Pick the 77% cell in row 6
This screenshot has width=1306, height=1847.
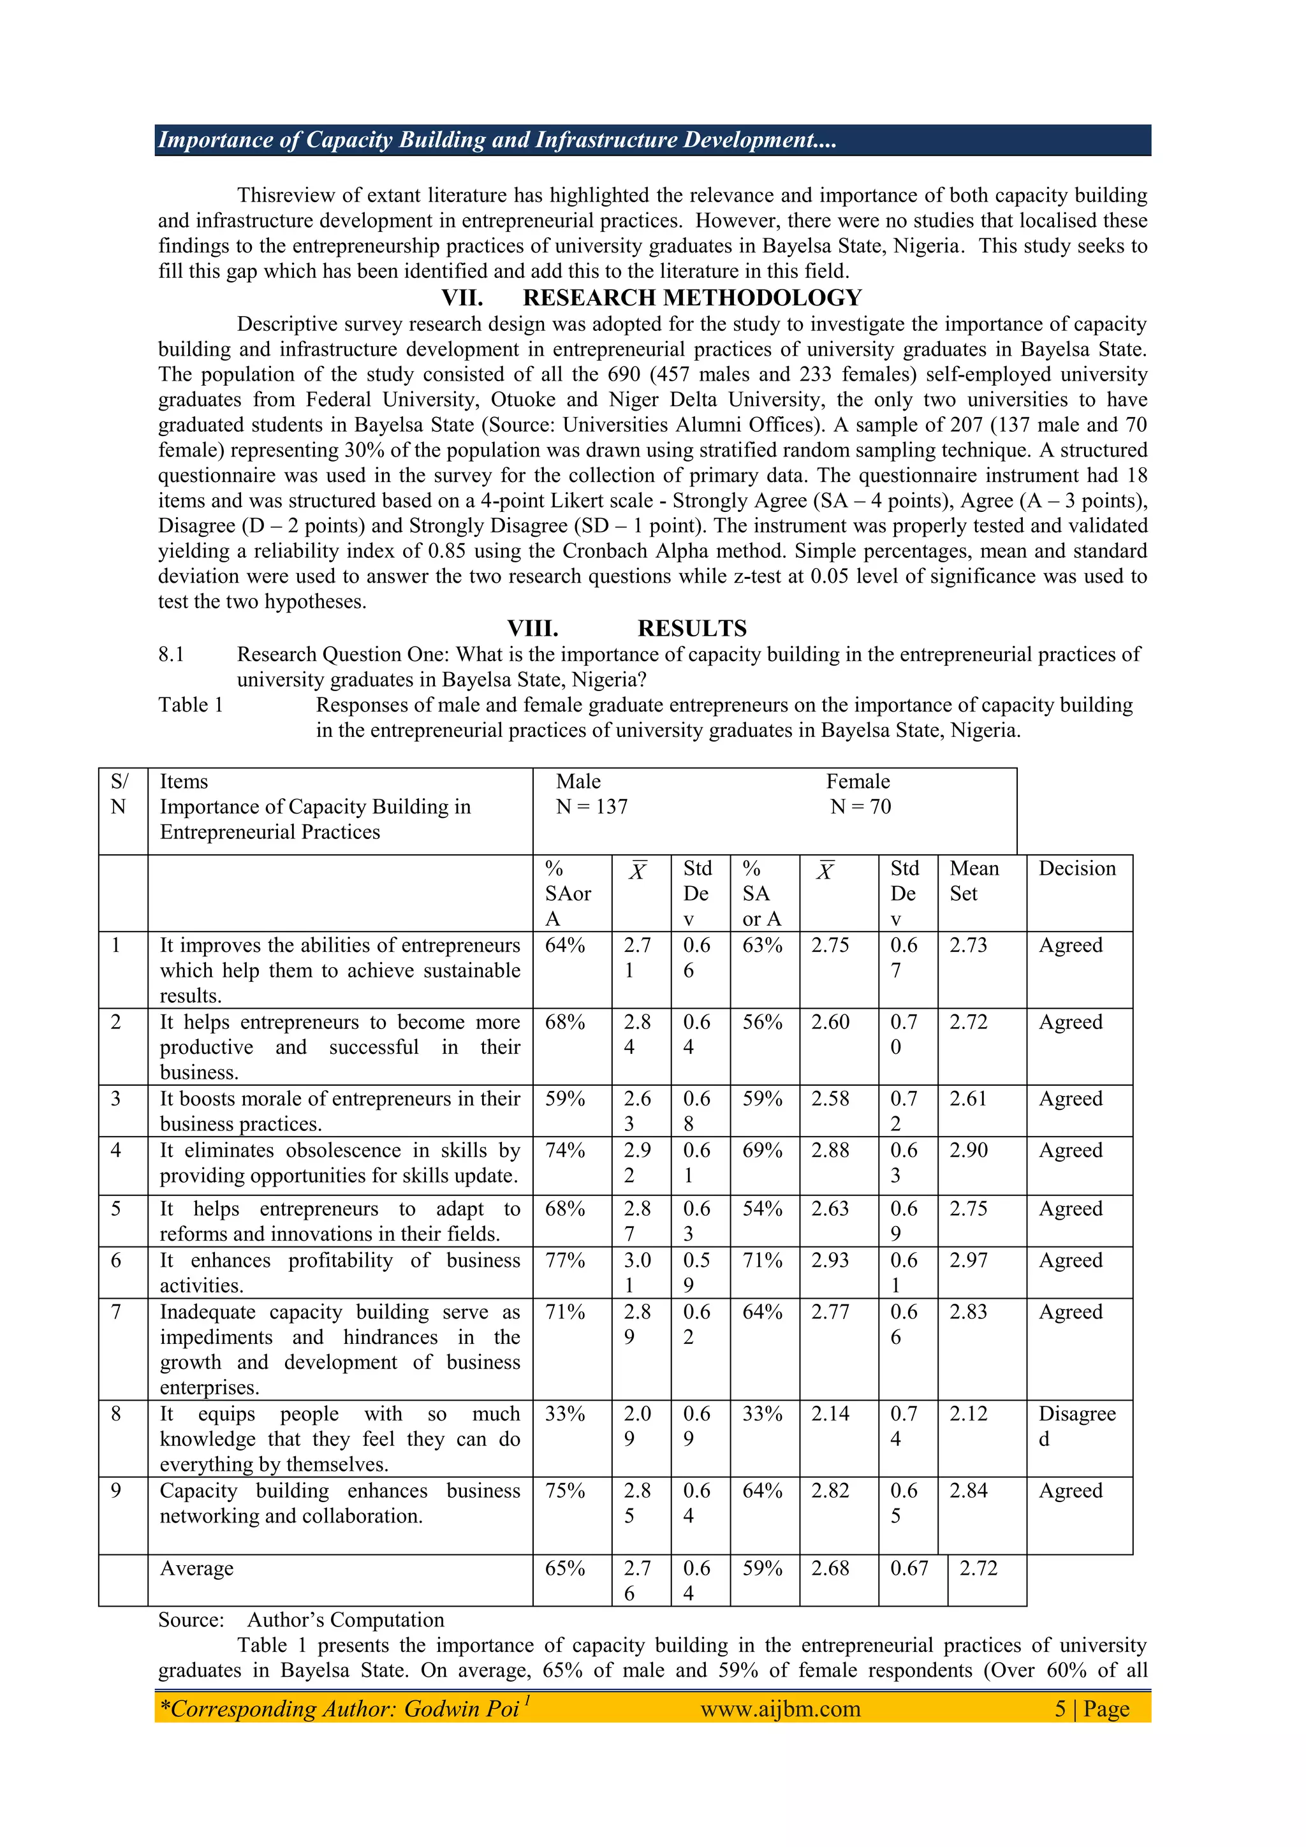coord(564,1260)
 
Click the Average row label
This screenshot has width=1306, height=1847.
coord(196,1568)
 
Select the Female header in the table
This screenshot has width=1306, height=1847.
coord(857,781)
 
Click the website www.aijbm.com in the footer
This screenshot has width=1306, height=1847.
coord(780,1708)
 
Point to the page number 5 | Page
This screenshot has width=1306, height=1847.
coord(1091,1708)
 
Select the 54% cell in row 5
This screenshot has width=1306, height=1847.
coord(761,1208)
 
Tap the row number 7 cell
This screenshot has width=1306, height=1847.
coord(116,1311)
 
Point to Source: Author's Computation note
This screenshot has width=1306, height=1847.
coord(301,1619)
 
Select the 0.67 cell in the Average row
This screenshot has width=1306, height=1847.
coord(909,1568)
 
